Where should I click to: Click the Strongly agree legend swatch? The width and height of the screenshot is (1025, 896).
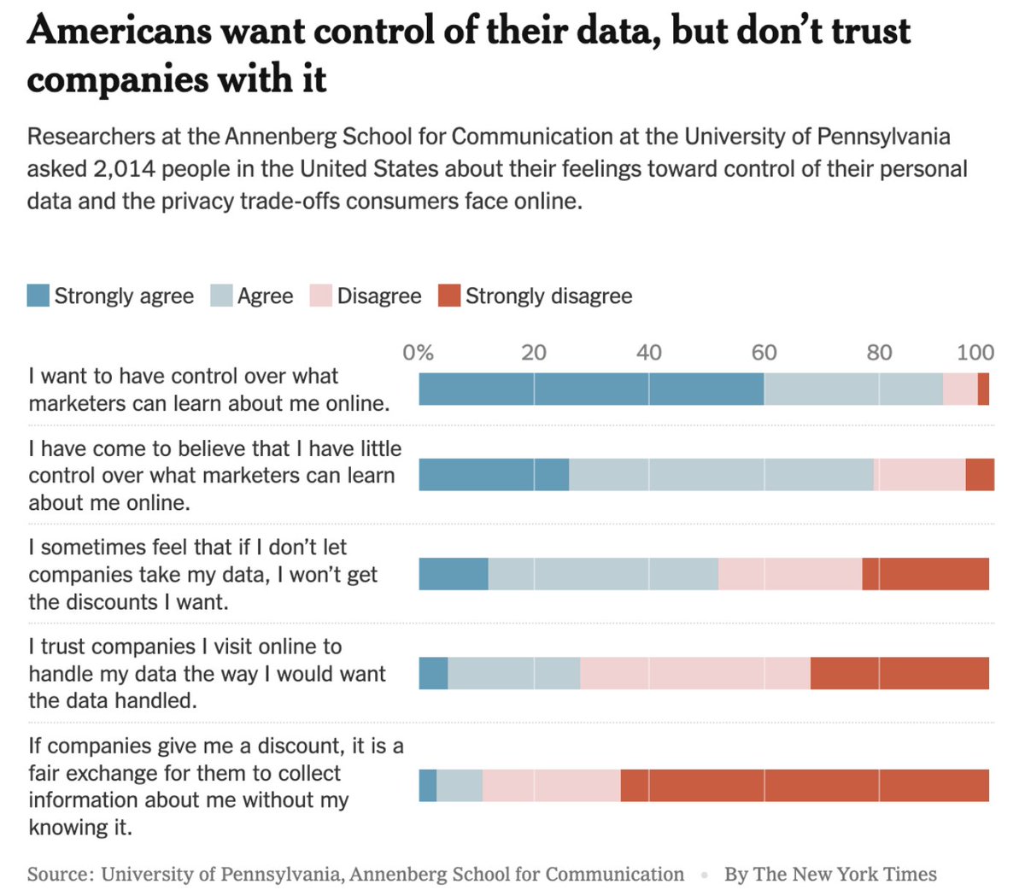[38, 296]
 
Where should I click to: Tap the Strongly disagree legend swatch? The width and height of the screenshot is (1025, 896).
[449, 296]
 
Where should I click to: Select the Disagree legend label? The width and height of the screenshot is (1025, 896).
[378, 296]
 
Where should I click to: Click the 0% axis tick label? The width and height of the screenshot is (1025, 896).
[418, 353]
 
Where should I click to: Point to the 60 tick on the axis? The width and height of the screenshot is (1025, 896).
[764, 353]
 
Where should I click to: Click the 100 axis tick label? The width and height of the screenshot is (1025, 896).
[975, 353]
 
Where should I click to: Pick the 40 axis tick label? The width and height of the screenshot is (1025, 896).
[648, 353]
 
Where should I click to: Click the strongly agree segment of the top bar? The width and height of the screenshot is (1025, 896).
[591, 389]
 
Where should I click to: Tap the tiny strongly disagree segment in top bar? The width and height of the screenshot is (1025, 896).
[983, 389]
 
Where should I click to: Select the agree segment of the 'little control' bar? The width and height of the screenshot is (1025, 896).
[721, 475]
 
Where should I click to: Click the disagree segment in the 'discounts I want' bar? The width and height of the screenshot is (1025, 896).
[790, 573]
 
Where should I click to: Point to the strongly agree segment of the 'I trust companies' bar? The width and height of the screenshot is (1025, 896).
[433, 673]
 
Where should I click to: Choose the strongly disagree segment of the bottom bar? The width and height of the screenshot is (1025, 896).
[805, 785]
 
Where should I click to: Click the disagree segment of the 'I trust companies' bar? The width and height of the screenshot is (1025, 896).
[695, 673]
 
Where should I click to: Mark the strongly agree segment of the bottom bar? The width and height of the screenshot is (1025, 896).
[427, 785]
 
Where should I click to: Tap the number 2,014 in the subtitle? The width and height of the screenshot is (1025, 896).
[125, 169]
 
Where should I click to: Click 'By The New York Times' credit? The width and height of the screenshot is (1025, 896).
[830, 875]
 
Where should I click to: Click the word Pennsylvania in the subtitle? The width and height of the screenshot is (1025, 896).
[883, 137]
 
